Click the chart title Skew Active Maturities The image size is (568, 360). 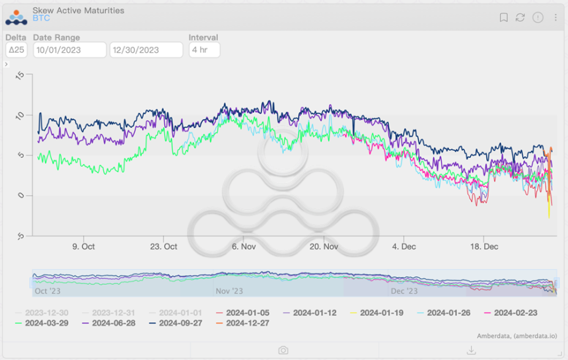pyautogui.click(x=78, y=11)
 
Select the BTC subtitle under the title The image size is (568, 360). pyautogui.click(x=41, y=18)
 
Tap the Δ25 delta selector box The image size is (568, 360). pyautogui.click(x=16, y=50)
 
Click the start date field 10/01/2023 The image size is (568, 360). pyautogui.click(x=69, y=50)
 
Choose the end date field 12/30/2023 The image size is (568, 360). pyautogui.click(x=146, y=50)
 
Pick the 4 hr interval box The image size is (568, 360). pyautogui.click(x=204, y=50)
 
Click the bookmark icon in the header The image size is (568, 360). pyautogui.click(x=503, y=18)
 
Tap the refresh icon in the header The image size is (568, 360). pyautogui.click(x=520, y=18)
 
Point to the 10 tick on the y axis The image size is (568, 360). pyautogui.click(x=20, y=116)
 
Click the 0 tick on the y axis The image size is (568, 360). pyautogui.click(x=20, y=196)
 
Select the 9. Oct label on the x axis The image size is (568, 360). pyautogui.click(x=83, y=246)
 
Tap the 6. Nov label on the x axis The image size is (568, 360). pyautogui.click(x=243, y=246)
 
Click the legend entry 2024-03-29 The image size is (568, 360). pyautogui.click(x=46, y=323)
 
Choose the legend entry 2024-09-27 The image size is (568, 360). pyautogui.click(x=180, y=323)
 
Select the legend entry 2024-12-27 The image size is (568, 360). pyautogui.click(x=247, y=323)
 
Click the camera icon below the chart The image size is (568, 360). pyautogui.click(x=283, y=350)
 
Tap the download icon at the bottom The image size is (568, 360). pyautogui.click(x=472, y=350)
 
